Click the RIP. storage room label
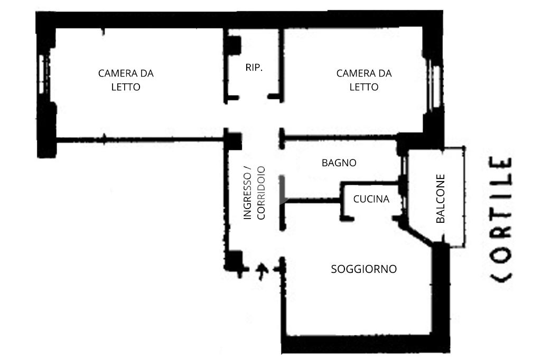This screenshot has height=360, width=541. pyautogui.click(x=254, y=68)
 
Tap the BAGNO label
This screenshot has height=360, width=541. pyautogui.click(x=339, y=163)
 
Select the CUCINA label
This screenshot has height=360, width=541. pyautogui.click(x=371, y=199)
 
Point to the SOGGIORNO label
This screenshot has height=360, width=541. pyautogui.click(x=363, y=269)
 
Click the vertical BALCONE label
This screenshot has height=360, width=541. pyautogui.click(x=441, y=198)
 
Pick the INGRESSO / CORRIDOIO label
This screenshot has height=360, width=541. pyautogui.click(x=254, y=193)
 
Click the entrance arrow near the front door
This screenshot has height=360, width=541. pyautogui.click(x=261, y=271)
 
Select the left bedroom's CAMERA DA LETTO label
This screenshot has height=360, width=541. pyautogui.click(x=126, y=80)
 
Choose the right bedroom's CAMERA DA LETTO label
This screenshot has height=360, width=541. pyautogui.click(x=364, y=80)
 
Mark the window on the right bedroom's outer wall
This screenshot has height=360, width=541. pyautogui.click(x=436, y=84)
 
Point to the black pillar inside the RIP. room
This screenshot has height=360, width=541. pyautogui.click(x=232, y=45)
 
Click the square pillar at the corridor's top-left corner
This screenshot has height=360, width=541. pyautogui.click(x=232, y=140)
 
